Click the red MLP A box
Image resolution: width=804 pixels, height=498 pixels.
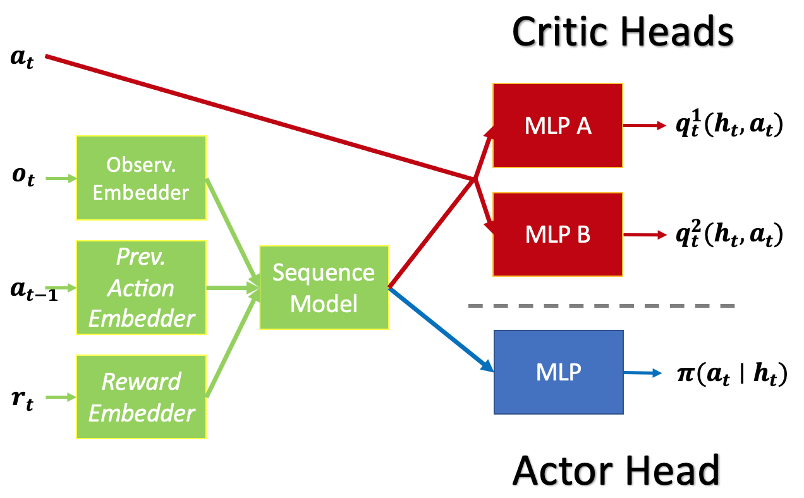coord(557,126)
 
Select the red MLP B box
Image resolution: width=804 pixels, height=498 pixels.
coord(557,234)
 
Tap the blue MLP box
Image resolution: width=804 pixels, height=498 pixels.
coord(558,372)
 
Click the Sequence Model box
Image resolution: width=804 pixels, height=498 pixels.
coord(324,288)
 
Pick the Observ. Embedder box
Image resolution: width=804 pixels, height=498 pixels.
coord(141,178)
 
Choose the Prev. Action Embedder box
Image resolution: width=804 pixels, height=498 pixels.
coord(141,288)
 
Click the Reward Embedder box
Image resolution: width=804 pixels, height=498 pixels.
coord(141,397)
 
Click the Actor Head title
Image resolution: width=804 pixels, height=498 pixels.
coord(616,469)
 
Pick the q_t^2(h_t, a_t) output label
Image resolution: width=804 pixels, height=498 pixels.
coord(729,235)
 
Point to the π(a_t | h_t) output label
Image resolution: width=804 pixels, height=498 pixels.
coord(731,374)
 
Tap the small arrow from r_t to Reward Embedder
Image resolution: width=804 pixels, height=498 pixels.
coord(61,398)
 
